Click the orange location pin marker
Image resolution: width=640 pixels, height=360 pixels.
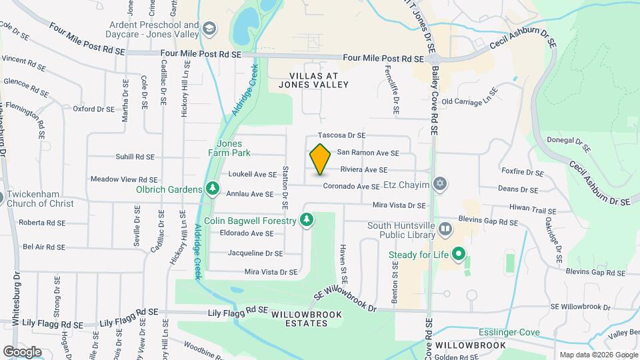(x=320, y=159)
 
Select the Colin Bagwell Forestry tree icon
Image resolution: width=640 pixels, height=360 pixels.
(x=306, y=220)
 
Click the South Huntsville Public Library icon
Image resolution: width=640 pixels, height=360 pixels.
(x=445, y=229)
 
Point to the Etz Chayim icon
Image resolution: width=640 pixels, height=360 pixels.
(x=439, y=183)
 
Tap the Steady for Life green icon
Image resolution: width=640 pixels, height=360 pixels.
(x=459, y=253)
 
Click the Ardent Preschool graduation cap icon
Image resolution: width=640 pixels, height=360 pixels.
(x=209, y=28)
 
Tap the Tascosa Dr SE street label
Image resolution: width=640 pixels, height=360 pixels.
(x=342, y=135)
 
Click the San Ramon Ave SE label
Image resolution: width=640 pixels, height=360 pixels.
(x=367, y=153)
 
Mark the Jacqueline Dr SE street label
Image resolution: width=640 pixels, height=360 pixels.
(x=255, y=253)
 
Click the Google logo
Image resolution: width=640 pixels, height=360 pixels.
(x=22, y=351)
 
